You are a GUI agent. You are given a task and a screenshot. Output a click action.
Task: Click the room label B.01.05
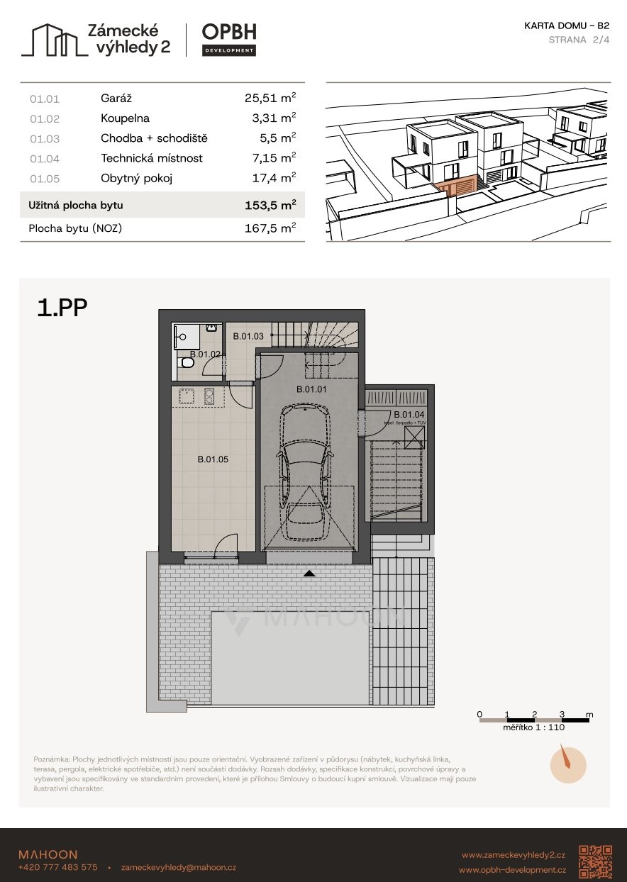(x=213, y=459)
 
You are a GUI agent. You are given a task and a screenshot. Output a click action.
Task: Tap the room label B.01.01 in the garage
(x=311, y=389)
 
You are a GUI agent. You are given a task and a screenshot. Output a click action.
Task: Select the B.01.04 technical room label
(x=409, y=415)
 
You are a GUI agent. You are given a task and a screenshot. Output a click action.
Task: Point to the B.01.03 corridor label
(x=248, y=336)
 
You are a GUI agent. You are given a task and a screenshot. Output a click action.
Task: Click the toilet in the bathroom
(x=186, y=362)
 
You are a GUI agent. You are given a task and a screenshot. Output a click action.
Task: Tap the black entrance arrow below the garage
(x=309, y=574)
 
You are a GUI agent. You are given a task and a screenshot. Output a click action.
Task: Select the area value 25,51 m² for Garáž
(x=270, y=98)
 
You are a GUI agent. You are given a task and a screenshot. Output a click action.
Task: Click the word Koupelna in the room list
(x=125, y=118)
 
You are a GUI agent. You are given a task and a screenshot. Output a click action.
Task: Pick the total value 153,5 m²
(x=270, y=205)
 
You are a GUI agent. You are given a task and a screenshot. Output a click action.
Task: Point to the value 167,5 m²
(x=270, y=228)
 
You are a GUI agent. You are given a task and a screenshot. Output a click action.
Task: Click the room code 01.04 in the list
(x=45, y=159)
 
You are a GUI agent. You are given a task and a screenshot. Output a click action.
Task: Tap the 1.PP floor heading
(x=62, y=308)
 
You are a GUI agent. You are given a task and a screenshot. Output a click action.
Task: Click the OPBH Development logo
(x=229, y=40)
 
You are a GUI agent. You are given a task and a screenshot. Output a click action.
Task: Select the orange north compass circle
(x=568, y=766)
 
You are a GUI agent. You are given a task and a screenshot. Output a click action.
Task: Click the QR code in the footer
(x=595, y=862)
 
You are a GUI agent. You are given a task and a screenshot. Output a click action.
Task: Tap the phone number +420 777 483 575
(x=58, y=867)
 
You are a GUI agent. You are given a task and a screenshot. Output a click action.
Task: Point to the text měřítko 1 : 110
(x=533, y=727)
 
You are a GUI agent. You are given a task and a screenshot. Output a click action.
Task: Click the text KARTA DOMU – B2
(x=567, y=26)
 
